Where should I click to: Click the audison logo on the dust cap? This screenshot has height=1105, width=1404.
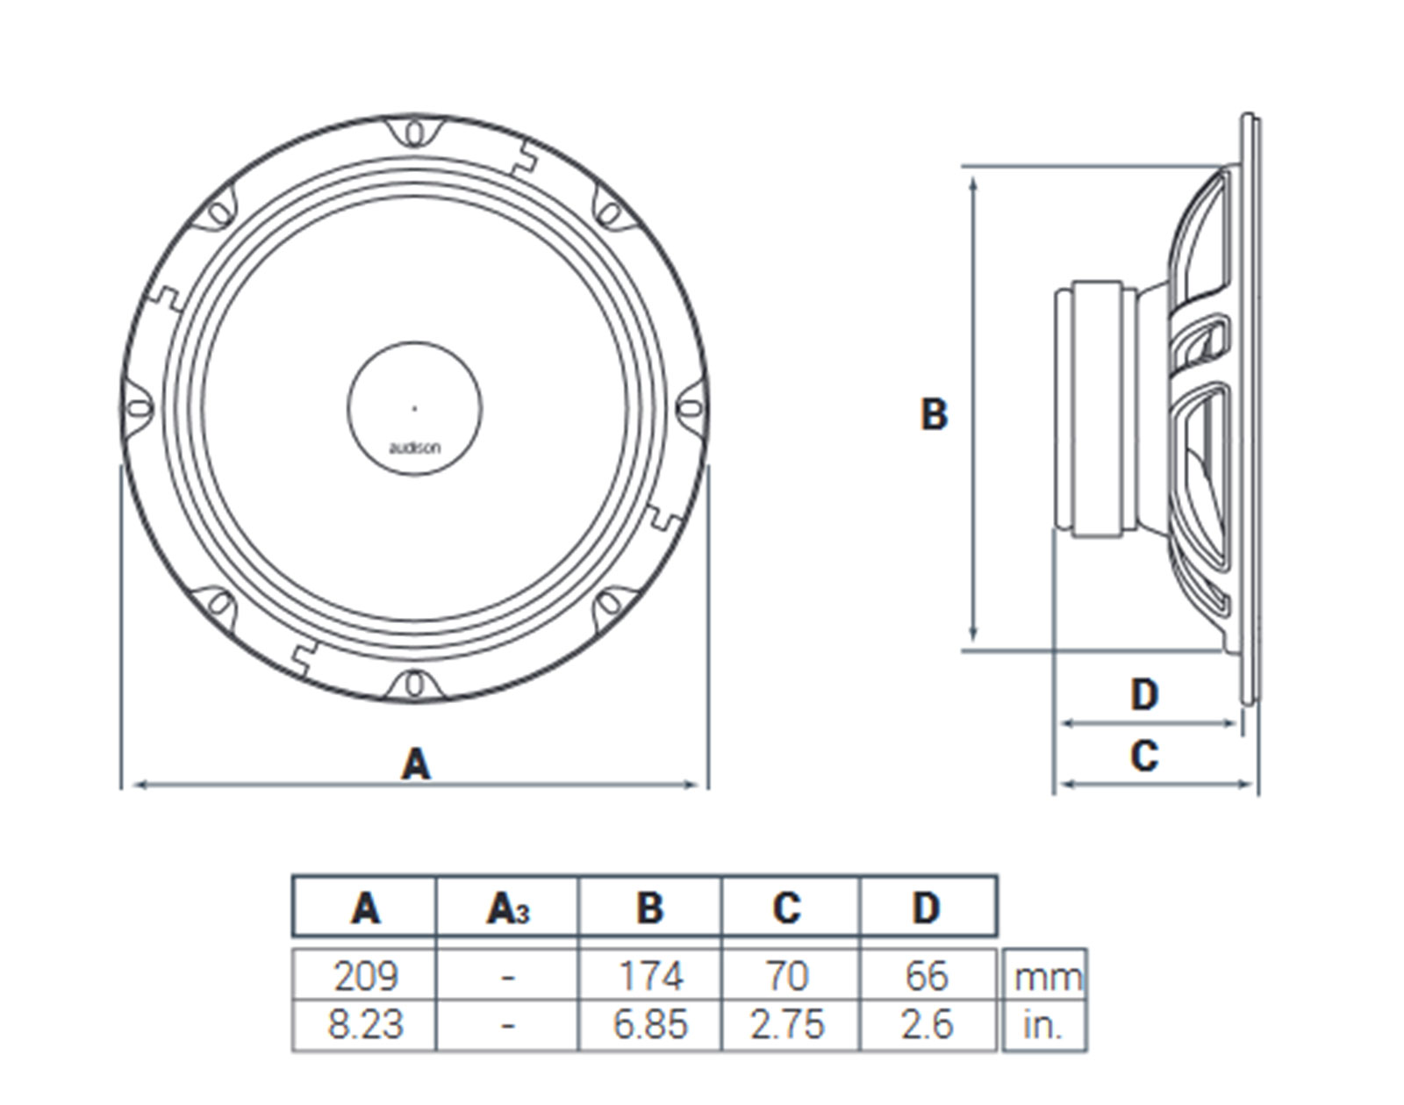point(415,448)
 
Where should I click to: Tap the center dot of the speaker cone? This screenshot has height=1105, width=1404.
point(415,409)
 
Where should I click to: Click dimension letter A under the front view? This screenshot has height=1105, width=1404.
point(416,764)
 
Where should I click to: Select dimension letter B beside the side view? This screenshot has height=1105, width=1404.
point(934,413)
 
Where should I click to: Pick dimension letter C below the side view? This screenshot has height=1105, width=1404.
point(1144,756)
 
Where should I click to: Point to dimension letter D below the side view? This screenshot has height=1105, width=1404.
point(1144,695)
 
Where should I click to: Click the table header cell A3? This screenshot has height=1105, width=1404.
point(507,908)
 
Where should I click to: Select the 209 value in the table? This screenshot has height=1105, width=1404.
point(365,975)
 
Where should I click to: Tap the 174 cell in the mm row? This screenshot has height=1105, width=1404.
point(649,975)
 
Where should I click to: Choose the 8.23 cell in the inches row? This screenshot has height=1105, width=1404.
point(365,1024)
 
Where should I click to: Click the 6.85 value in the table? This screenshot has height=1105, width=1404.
point(649,1024)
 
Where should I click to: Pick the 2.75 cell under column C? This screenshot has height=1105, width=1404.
point(787,1024)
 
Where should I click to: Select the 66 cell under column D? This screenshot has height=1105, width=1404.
point(927,975)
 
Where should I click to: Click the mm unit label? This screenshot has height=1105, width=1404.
point(1047,976)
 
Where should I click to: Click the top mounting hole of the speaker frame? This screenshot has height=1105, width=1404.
point(415,133)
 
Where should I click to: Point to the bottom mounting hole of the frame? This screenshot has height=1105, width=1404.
point(415,685)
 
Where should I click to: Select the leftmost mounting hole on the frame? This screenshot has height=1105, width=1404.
point(137,409)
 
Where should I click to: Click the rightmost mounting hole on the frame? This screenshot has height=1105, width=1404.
point(692,409)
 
